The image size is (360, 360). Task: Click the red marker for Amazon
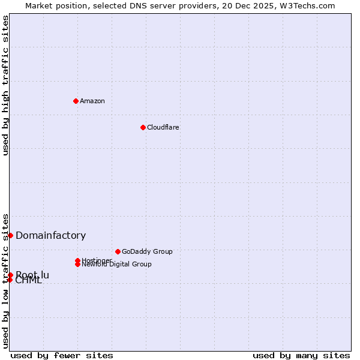click(76, 101)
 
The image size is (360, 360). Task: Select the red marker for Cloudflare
click(143, 127)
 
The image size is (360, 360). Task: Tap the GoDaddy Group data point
click(118, 251)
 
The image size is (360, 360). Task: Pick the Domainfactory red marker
click(10, 235)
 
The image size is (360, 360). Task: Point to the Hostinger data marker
click(77, 260)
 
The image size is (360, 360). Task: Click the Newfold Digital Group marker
click(77, 264)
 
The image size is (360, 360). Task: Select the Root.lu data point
click(10, 275)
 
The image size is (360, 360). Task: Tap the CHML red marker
click(10, 280)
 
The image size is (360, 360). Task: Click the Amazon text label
click(92, 101)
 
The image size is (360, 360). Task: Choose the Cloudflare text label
click(163, 127)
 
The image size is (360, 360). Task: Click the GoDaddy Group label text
click(147, 251)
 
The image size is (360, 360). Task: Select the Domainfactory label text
click(51, 235)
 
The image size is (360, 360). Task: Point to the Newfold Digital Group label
click(117, 265)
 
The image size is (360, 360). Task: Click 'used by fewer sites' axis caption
click(62, 355)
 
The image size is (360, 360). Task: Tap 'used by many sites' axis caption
click(301, 355)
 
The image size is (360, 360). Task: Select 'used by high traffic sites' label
click(6, 85)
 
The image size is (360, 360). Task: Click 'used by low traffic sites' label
click(6, 281)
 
